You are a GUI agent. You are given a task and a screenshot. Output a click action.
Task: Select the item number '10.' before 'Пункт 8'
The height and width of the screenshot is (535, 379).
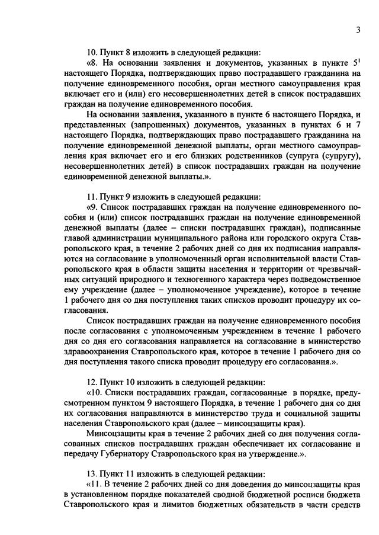pos(93,52)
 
